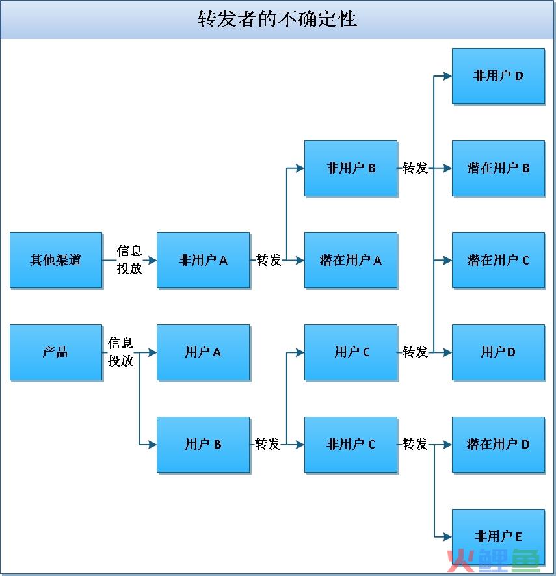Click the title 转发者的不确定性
coord(277,19)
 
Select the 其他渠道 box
coord(56,260)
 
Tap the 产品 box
coord(56,352)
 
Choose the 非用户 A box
coord(204,260)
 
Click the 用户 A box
coord(204,352)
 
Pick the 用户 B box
coord(204,445)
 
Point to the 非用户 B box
coord(351,168)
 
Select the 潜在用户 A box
coord(351,260)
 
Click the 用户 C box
coord(351,352)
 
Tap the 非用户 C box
coord(351,445)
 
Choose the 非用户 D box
coord(498,76)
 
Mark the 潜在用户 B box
coord(498,168)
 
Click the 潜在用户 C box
coord(498,260)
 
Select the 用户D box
coord(498,352)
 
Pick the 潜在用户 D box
coord(498,445)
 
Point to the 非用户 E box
coord(498,537)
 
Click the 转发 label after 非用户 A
coord(269,260)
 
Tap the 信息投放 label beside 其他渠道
coord(129,259)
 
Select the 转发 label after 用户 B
coord(267,444)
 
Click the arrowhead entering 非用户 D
coord(447,76)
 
